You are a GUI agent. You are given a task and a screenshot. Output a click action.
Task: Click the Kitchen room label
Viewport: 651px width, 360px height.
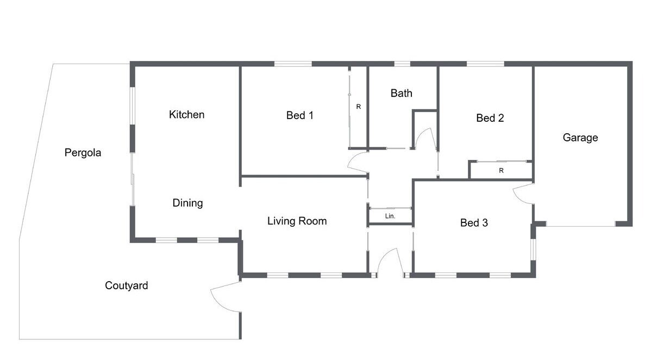click(x=186, y=114)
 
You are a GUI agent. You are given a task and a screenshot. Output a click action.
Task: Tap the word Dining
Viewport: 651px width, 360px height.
click(x=187, y=203)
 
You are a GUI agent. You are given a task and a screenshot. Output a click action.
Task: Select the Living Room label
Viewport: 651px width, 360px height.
click(x=297, y=221)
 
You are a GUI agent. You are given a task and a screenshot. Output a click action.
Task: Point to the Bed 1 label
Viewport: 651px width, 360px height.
click(x=300, y=115)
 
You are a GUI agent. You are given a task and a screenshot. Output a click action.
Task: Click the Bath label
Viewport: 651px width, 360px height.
click(x=402, y=93)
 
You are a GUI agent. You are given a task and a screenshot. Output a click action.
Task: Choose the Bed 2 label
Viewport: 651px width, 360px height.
click(x=490, y=118)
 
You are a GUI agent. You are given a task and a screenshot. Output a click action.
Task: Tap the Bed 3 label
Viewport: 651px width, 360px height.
click(x=474, y=223)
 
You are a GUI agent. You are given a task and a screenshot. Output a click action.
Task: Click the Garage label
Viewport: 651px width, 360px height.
click(x=580, y=138)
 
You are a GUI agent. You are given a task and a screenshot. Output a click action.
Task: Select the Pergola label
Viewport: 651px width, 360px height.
click(x=83, y=153)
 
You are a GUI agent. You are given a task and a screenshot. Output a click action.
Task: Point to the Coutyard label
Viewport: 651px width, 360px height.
click(x=126, y=285)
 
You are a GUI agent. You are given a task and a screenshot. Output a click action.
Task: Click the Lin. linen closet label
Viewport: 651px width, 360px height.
click(x=390, y=216)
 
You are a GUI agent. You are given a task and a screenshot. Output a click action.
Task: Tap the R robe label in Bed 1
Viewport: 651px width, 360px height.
click(x=359, y=107)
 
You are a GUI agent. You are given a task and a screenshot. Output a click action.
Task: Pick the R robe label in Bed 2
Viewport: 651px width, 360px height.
click(x=501, y=170)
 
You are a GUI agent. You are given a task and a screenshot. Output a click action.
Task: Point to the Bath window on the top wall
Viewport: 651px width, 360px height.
click(x=402, y=64)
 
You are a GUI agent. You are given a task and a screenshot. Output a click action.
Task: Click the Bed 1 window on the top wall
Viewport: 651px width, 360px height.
click(x=293, y=64)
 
